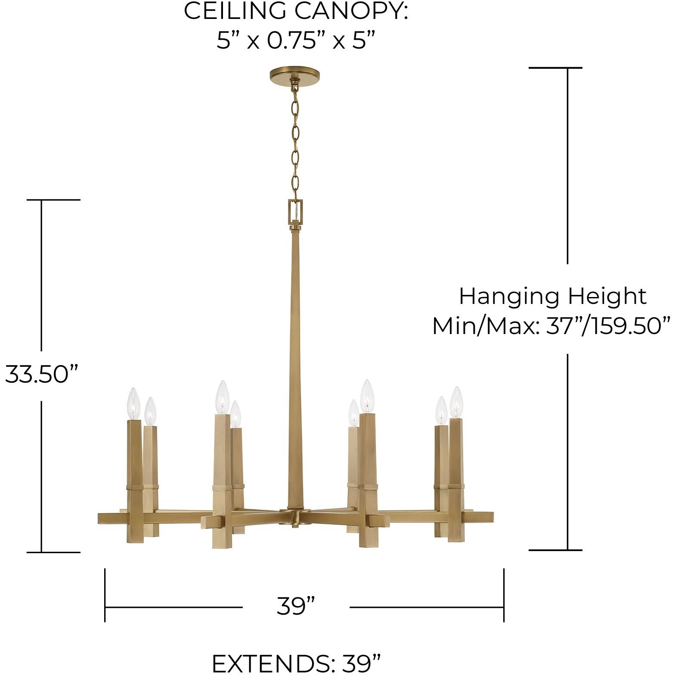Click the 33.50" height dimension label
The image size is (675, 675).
(42, 374)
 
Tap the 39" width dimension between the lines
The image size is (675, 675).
(296, 606)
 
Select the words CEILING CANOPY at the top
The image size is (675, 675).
(296, 12)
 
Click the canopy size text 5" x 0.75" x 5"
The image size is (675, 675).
(296, 41)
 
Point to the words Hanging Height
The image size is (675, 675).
(552, 296)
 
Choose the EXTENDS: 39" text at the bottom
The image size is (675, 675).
(297, 663)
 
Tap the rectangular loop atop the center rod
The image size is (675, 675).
(295, 210)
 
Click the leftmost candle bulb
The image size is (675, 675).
(134, 403)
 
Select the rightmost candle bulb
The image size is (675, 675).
(456, 402)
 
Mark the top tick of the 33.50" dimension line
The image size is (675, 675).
(53, 200)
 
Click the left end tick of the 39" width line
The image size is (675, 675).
(105, 595)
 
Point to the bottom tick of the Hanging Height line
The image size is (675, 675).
(555, 550)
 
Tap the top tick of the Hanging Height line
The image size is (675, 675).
(555, 68)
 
